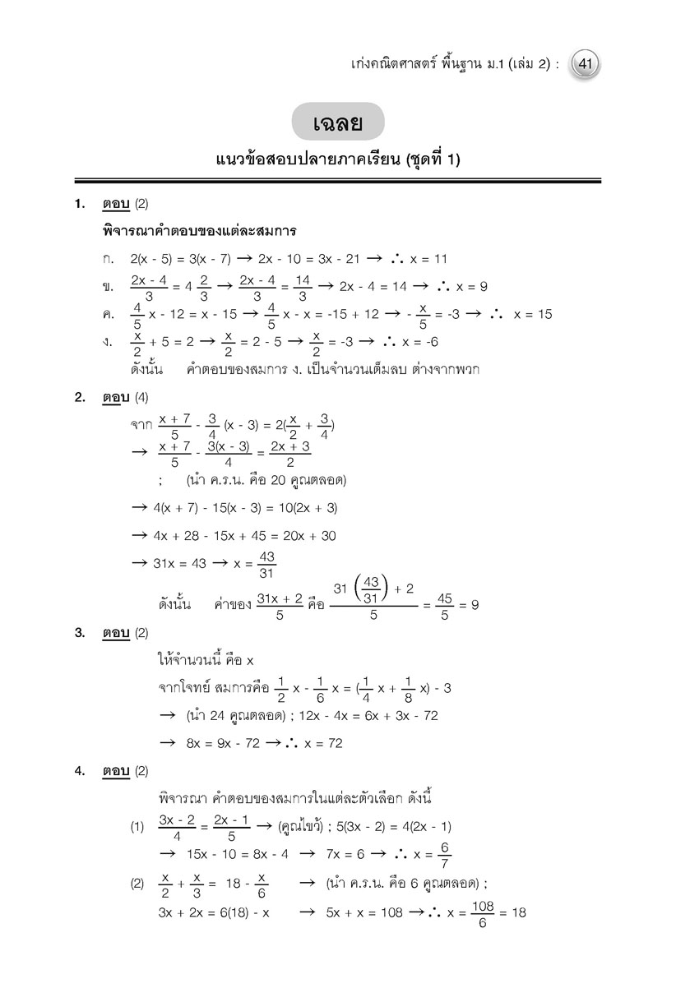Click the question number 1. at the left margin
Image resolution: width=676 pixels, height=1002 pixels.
click(x=81, y=203)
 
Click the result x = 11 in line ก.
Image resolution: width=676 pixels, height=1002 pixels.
click(x=428, y=259)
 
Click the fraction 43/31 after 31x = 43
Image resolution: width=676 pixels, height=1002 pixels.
click(x=266, y=566)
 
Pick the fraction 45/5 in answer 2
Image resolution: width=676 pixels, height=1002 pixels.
click(x=442, y=605)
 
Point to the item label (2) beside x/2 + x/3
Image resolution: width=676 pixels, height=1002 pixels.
click(x=137, y=884)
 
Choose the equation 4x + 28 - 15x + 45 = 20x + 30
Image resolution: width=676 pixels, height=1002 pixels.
click(x=244, y=535)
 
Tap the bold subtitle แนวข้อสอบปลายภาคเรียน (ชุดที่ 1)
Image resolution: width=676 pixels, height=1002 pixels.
click(x=337, y=160)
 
